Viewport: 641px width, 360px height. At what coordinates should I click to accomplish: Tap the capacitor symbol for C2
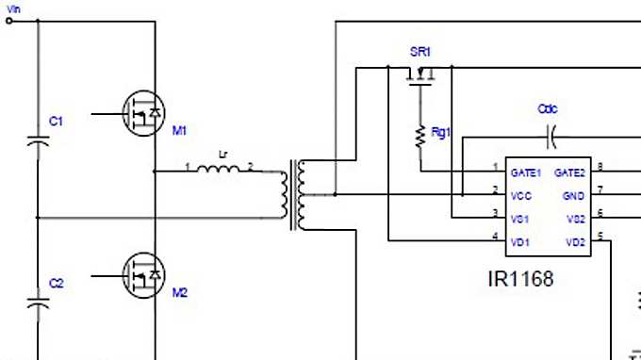coord(38,303)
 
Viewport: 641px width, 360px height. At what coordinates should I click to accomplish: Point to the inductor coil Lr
coord(222,172)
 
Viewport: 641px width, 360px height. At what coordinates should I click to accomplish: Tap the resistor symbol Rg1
coord(419,137)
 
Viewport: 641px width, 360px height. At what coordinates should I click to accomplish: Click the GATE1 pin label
coord(526,172)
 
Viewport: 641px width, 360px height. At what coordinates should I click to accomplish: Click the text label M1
coord(180,130)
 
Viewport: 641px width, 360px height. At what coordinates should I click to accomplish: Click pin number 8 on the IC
coord(600,167)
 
